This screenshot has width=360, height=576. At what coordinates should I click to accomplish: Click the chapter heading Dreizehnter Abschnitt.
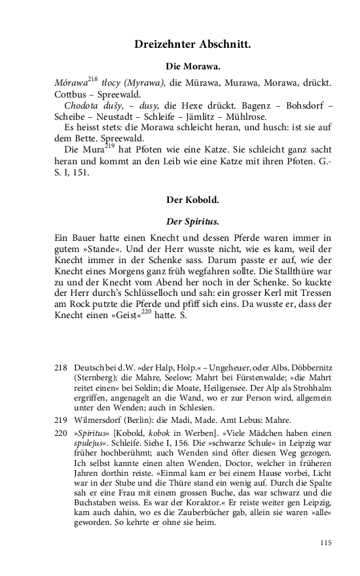(x=193, y=45)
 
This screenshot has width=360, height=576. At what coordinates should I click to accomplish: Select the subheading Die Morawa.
(x=193, y=67)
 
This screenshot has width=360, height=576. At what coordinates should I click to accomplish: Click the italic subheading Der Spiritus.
(x=193, y=221)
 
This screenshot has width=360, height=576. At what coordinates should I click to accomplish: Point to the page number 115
(x=327, y=543)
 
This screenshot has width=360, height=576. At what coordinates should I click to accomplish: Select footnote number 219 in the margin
(x=61, y=420)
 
